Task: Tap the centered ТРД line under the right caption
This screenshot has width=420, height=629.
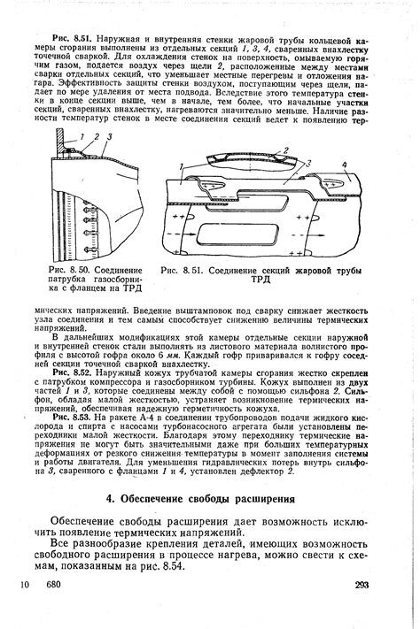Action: (x=263, y=280)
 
